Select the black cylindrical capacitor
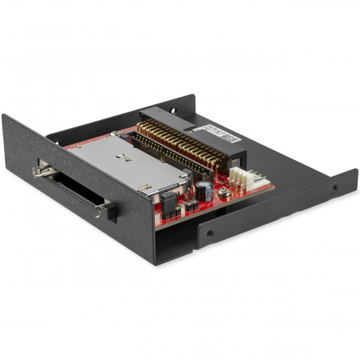tap(205, 191)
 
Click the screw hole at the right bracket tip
tap(334, 187)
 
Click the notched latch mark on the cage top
tap(125, 158)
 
